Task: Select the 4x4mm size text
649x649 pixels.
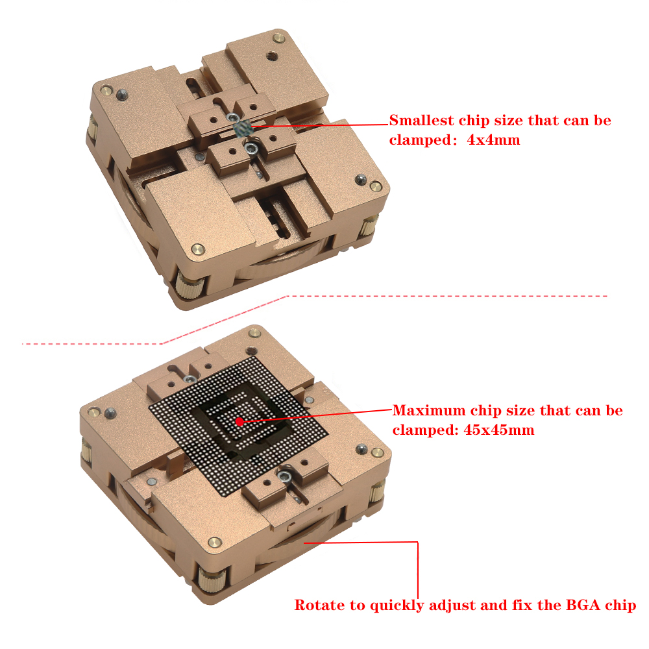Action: (x=493, y=140)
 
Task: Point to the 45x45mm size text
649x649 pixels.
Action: (x=498, y=430)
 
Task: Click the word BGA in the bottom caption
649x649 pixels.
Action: (x=583, y=605)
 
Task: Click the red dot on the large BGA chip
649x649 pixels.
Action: (x=239, y=422)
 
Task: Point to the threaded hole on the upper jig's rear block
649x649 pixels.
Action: (x=271, y=55)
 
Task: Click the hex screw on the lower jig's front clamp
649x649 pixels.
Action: (x=284, y=476)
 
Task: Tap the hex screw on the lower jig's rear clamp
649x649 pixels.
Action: (x=190, y=378)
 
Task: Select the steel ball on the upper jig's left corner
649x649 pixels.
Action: (x=122, y=95)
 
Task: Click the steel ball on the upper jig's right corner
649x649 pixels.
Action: (x=361, y=179)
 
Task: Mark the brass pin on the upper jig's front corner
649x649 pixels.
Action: (x=198, y=249)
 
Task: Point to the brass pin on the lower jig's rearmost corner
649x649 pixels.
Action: (x=254, y=332)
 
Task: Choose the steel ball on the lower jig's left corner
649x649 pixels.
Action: (x=110, y=412)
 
